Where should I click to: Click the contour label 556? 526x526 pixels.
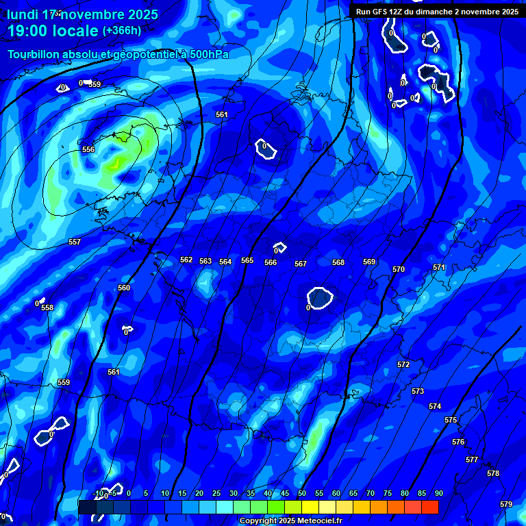[x=88, y=149]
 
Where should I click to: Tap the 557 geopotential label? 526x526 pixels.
[x=75, y=242]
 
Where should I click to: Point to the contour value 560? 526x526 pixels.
[x=124, y=288]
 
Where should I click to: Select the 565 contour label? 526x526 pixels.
[x=247, y=261]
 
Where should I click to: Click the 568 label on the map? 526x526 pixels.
[x=338, y=262]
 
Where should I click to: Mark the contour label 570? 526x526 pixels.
[x=399, y=269]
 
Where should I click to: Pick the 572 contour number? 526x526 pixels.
[x=403, y=364]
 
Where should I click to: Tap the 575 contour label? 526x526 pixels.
[x=451, y=420]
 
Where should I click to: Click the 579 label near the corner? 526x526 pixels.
[x=506, y=504]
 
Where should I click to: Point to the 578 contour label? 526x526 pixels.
[x=493, y=473]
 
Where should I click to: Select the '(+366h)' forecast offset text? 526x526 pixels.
[x=122, y=31]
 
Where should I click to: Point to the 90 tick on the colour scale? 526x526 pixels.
[x=438, y=494]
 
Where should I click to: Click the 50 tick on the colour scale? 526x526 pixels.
[x=302, y=494]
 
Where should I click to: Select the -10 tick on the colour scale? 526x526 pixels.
[x=98, y=494]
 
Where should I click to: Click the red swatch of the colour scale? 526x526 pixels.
[x=429, y=507]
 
